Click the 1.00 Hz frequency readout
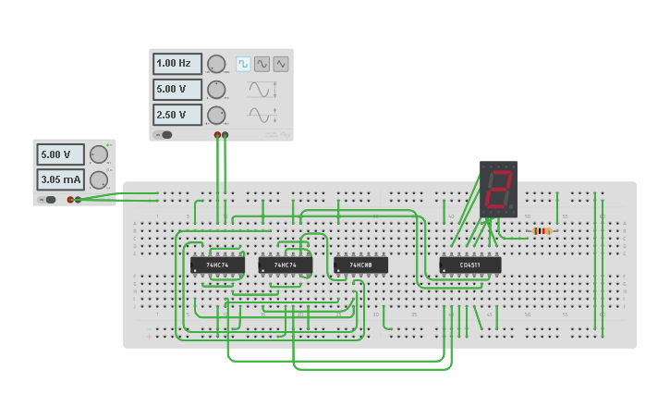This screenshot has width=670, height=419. pyautogui.click(x=177, y=64)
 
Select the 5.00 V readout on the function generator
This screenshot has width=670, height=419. pyautogui.click(x=177, y=90)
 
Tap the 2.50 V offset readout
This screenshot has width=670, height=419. pyautogui.click(x=177, y=115)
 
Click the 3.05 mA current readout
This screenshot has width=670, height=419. pyautogui.click(x=60, y=179)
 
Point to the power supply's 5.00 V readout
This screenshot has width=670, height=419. pyautogui.click(x=60, y=154)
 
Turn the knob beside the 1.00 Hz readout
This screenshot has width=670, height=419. pyautogui.click(x=216, y=64)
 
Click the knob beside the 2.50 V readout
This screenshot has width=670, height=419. pyautogui.click(x=216, y=115)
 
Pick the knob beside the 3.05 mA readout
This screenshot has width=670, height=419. pyautogui.click(x=98, y=179)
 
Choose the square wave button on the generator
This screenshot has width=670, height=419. pyautogui.click(x=243, y=64)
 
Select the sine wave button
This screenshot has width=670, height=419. pyautogui.click(x=262, y=64)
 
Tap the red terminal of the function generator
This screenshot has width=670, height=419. pyautogui.click(x=218, y=135)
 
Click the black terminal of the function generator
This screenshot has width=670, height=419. pyautogui.click(x=225, y=135)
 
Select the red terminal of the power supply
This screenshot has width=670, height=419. pyautogui.click(x=70, y=200)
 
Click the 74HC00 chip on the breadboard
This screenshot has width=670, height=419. pyautogui.click(x=360, y=265)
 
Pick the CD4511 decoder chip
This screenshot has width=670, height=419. pyautogui.click(x=470, y=265)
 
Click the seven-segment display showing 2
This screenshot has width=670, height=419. pyautogui.click(x=498, y=190)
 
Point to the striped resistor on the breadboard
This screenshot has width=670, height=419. pyautogui.click(x=542, y=230)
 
